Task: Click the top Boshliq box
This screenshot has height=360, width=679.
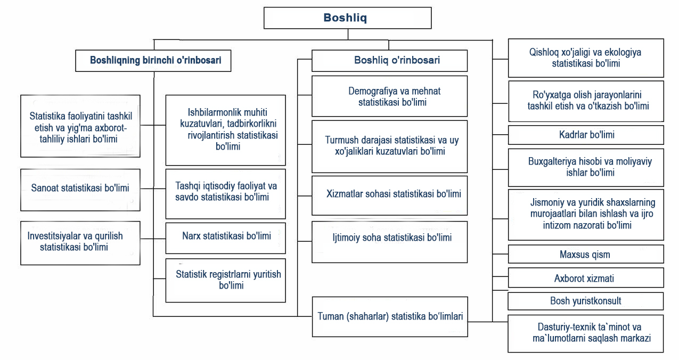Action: tap(347, 18)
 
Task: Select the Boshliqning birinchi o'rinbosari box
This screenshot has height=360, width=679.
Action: tap(156, 60)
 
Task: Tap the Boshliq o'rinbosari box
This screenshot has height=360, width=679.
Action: tap(389, 60)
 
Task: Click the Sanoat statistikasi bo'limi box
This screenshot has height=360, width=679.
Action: tap(80, 188)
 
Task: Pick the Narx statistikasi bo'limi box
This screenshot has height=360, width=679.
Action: tap(225, 235)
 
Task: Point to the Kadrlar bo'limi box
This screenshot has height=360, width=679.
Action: tap(586, 135)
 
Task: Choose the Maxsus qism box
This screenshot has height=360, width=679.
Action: tap(586, 254)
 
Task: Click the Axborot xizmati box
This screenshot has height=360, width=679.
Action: tap(586, 278)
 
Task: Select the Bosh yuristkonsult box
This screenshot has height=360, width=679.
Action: tap(586, 301)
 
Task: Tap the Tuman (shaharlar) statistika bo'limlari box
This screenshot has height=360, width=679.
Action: tap(389, 316)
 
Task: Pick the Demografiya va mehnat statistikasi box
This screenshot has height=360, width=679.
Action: tap(389, 96)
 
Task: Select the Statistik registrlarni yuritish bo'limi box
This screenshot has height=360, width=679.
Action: tap(225, 280)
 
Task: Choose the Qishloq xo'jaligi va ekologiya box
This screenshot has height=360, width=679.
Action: tap(586, 58)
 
